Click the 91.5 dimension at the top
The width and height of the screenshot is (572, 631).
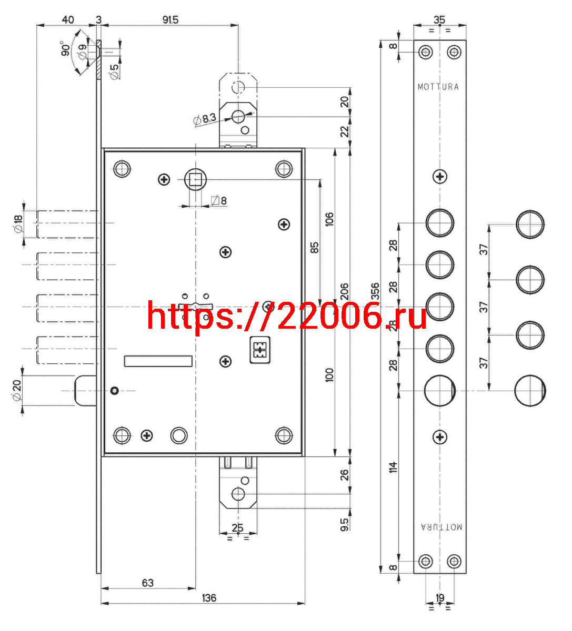coord(170,20)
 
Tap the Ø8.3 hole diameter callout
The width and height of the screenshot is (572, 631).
coord(205,119)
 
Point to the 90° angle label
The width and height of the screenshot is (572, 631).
coord(65,48)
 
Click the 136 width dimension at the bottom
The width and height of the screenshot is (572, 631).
coord(209,598)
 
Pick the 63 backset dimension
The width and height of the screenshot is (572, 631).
coord(148,583)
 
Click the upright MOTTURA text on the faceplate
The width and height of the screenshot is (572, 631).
coord(438,87)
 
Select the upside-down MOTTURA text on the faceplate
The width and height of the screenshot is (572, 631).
coord(441,527)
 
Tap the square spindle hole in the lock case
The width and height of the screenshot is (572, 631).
coord(195,180)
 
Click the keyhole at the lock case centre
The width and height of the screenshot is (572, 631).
coord(196,307)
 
